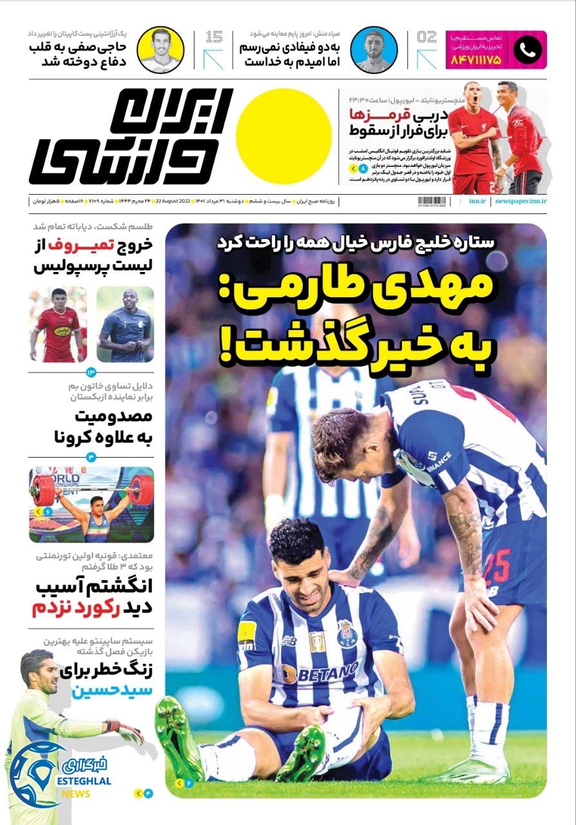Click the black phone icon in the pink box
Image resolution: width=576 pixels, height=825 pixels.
pyautogui.click(x=527, y=50)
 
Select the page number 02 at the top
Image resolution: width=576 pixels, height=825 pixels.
pyautogui.click(x=427, y=37)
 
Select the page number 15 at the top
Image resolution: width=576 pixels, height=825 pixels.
pyautogui.click(x=214, y=37)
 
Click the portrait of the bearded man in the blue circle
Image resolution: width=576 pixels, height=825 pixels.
pyautogui.click(x=374, y=50)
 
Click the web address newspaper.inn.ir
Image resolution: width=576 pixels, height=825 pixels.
pyautogui.click(x=521, y=201)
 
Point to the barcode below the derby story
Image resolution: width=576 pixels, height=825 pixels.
pyautogui.click(x=432, y=201)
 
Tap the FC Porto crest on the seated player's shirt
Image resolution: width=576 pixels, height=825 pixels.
pyautogui.click(x=345, y=634)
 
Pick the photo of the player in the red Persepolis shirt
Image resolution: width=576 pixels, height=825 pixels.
pyautogui.click(x=58, y=324)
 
